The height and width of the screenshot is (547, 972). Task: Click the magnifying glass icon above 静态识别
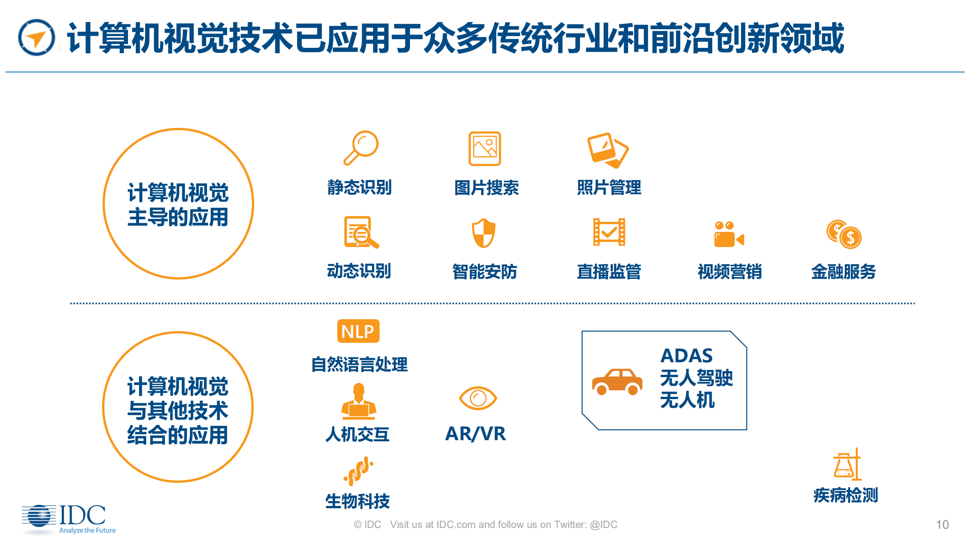(x=361, y=147)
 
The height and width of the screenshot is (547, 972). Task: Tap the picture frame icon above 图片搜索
(x=484, y=149)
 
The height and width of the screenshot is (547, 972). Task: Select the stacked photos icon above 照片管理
(x=607, y=150)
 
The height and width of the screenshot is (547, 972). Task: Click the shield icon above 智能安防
(x=484, y=233)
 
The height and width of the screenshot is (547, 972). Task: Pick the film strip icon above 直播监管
(x=609, y=232)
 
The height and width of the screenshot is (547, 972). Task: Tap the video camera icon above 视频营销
(x=729, y=235)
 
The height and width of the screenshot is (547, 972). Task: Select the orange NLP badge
(x=358, y=331)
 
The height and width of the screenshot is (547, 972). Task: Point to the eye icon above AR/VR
(x=477, y=398)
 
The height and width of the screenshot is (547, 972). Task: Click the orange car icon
(x=617, y=382)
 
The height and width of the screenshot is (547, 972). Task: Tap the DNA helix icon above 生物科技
(x=358, y=471)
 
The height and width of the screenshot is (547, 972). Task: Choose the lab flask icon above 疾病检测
(x=847, y=465)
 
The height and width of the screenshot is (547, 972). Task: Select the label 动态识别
(x=359, y=271)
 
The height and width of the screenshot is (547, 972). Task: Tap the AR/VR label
(x=475, y=434)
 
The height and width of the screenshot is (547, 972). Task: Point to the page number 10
(x=942, y=525)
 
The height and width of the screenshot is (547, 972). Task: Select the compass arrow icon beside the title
(x=36, y=37)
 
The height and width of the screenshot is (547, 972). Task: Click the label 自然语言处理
(x=359, y=364)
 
